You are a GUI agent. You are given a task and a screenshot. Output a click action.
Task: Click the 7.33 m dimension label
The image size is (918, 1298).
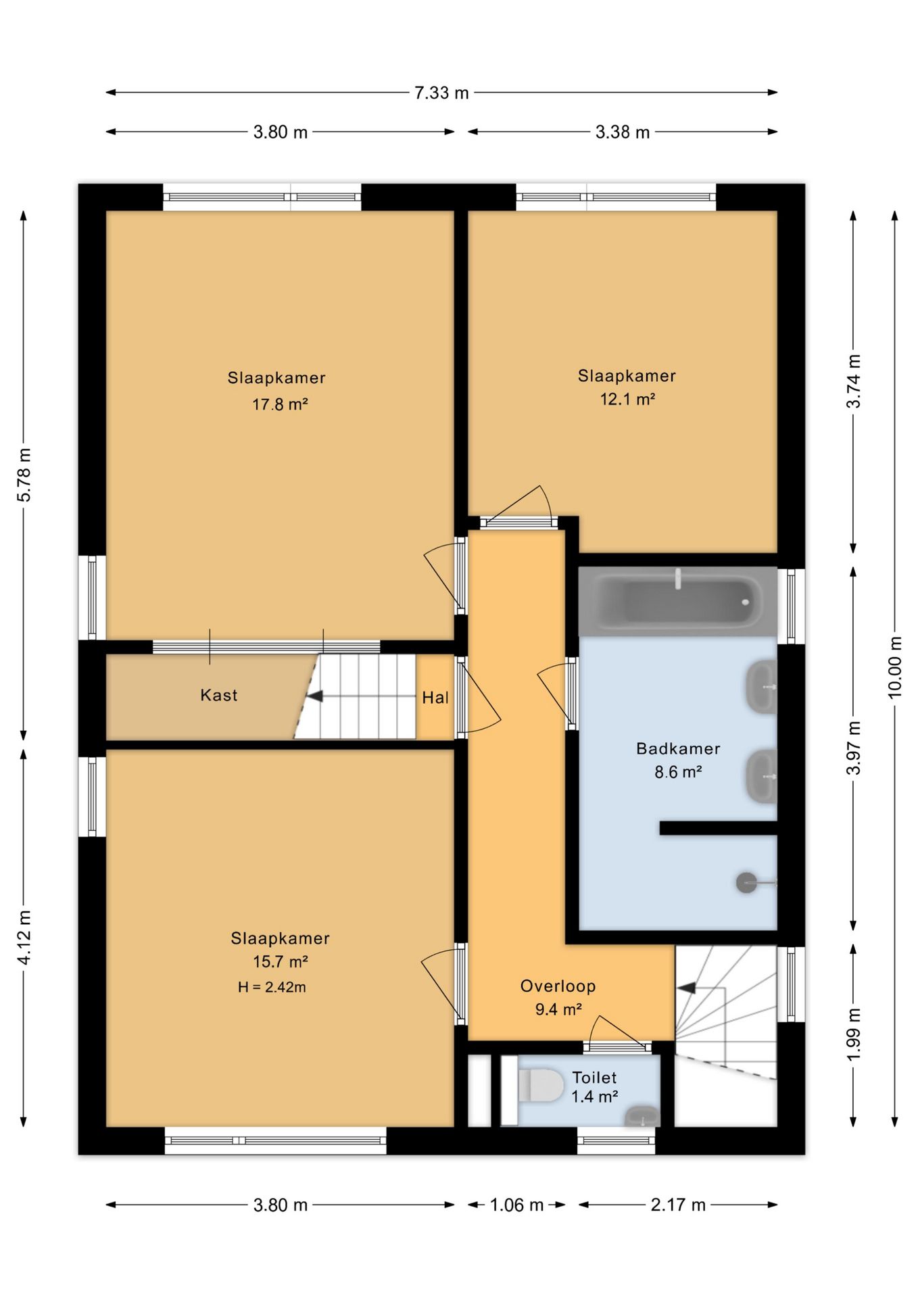pos(441,93)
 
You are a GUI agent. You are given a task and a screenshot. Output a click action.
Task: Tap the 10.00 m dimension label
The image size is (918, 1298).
pos(894,667)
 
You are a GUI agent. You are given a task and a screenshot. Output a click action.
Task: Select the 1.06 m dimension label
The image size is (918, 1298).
pos(516,1205)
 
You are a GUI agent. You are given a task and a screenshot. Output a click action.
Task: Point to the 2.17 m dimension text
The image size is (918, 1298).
pos(678,1205)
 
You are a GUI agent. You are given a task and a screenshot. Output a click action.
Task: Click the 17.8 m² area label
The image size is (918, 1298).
pos(280,404)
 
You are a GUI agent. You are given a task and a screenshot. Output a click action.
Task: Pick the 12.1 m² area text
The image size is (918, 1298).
pos(627,399)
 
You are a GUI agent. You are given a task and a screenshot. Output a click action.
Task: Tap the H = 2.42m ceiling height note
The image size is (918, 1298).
pos(272,987)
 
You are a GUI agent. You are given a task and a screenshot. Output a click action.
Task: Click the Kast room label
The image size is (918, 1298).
pos(219,695)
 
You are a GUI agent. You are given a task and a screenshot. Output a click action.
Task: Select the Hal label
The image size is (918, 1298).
pos(435,698)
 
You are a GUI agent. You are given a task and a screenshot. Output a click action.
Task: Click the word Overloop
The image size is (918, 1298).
pos(558,986)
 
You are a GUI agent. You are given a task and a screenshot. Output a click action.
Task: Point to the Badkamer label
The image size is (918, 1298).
pos(678,748)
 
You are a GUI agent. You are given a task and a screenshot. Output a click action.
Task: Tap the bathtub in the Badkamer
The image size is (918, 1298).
pos(677,601)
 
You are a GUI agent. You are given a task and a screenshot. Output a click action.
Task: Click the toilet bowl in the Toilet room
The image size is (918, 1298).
pos(541,1084)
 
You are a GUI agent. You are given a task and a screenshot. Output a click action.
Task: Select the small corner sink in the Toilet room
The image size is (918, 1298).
pos(641,1115)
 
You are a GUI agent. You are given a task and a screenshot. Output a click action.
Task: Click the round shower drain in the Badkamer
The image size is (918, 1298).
pos(746,883)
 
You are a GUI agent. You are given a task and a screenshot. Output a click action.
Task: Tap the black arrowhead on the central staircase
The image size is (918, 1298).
pos(314,696)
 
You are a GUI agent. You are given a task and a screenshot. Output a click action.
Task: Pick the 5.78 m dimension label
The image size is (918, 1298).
pos(24,475)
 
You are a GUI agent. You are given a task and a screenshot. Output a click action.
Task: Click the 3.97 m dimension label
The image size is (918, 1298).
pos(854,748)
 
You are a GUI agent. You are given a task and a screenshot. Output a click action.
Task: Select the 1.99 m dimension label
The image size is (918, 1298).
pos(854,1035)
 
